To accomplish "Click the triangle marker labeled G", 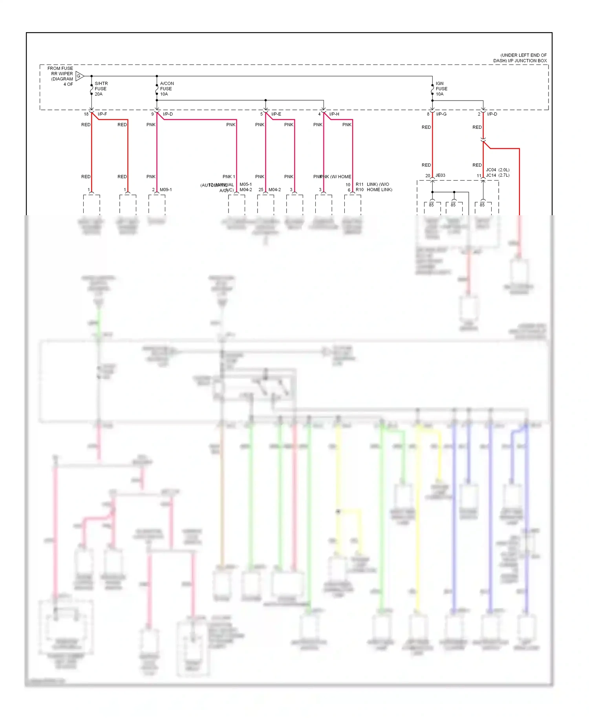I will (79, 76).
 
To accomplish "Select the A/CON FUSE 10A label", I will (166, 89).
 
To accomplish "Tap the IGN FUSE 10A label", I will (441, 89).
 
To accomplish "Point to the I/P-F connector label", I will (102, 114).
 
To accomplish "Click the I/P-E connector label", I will (276, 114).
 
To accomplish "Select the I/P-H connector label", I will (334, 114).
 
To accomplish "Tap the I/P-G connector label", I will (441, 114).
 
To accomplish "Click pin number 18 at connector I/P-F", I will (86, 114).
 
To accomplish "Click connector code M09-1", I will (165, 190).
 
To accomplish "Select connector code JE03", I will (440, 176).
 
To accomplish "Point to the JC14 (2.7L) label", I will (498, 176).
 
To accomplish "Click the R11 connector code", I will (359, 185).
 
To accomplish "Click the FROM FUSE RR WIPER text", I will (60, 71).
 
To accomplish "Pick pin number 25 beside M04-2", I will (261, 190).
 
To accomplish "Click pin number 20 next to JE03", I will (428, 176).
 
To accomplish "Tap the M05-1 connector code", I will (245, 185).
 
